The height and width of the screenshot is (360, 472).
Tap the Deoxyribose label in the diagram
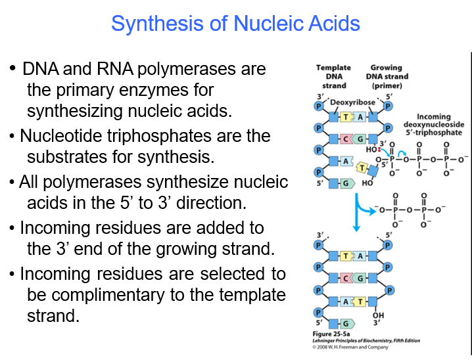point(352,103)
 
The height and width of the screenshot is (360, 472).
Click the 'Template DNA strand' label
point(333,76)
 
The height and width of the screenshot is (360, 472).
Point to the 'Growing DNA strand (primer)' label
point(386,76)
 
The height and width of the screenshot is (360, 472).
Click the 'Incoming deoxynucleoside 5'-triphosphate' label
point(433,125)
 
